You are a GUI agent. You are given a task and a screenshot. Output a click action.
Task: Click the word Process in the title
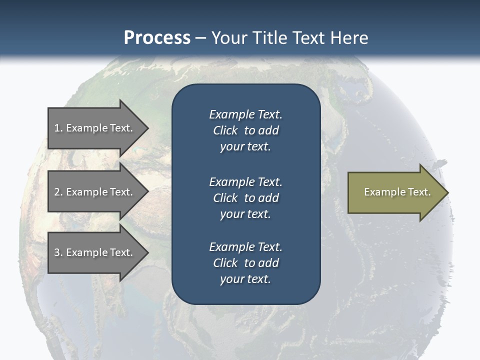coord(157,38)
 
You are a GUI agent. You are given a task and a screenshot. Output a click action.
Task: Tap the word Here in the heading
coord(349,38)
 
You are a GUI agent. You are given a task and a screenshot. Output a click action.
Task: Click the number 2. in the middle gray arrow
coord(58,192)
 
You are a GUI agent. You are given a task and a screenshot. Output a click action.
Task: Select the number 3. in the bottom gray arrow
coord(58,252)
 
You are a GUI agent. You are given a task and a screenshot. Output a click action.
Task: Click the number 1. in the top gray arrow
coord(58,128)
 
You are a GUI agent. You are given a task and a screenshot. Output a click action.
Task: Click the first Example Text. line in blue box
coord(245,114)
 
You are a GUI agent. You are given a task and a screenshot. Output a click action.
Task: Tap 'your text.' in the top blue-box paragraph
coord(245,147)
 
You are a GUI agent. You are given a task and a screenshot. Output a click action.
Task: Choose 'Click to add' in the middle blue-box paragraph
coord(245,198)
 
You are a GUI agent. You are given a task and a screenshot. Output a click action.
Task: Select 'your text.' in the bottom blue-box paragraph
coord(245,279)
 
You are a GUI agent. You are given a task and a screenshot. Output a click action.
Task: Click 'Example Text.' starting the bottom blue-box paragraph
coord(245,247)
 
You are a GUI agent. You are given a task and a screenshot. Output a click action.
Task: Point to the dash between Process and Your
coord(200,38)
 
